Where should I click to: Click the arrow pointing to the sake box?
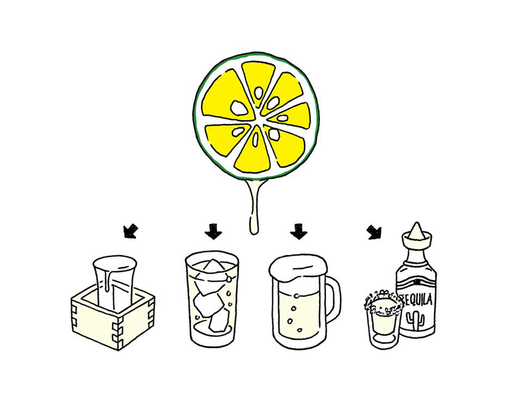[x=130, y=231]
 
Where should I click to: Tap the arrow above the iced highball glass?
[x=213, y=231]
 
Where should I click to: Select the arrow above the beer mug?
[x=299, y=231]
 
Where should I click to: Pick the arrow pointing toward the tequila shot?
[x=374, y=232]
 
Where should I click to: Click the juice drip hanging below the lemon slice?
[x=255, y=207]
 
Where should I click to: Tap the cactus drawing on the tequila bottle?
[x=415, y=320]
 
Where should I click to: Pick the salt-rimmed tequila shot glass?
[x=384, y=320]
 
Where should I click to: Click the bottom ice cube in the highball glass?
[x=219, y=321]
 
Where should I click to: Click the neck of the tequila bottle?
[x=417, y=255]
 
